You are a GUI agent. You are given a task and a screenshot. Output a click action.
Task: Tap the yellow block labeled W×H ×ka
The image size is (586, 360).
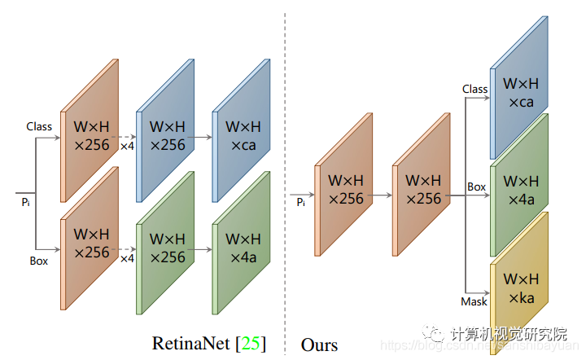click(519, 288)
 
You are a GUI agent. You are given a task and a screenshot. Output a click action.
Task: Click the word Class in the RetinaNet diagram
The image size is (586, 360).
click(39, 126)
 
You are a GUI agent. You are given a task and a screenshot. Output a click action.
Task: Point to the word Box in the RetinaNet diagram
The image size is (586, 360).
click(39, 261)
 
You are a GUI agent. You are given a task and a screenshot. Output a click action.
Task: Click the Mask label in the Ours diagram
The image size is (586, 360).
click(474, 301)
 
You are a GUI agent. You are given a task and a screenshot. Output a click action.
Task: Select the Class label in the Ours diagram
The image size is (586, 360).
click(474, 89)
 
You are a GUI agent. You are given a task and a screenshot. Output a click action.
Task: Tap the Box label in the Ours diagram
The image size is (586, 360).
click(476, 187)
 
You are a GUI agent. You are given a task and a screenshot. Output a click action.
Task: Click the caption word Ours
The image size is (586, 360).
click(319, 344)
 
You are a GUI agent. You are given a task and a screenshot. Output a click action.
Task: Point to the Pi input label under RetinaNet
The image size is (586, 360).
click(26, 200)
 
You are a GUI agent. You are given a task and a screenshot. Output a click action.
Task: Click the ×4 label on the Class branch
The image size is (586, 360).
click(127, 147)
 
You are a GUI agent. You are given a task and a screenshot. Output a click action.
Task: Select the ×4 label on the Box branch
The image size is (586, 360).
click(127, 258)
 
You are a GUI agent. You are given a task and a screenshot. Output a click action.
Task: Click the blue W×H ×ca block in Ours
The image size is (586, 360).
click(519, 92)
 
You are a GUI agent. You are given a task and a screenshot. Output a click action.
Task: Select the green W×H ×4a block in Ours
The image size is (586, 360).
click(519, 189)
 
